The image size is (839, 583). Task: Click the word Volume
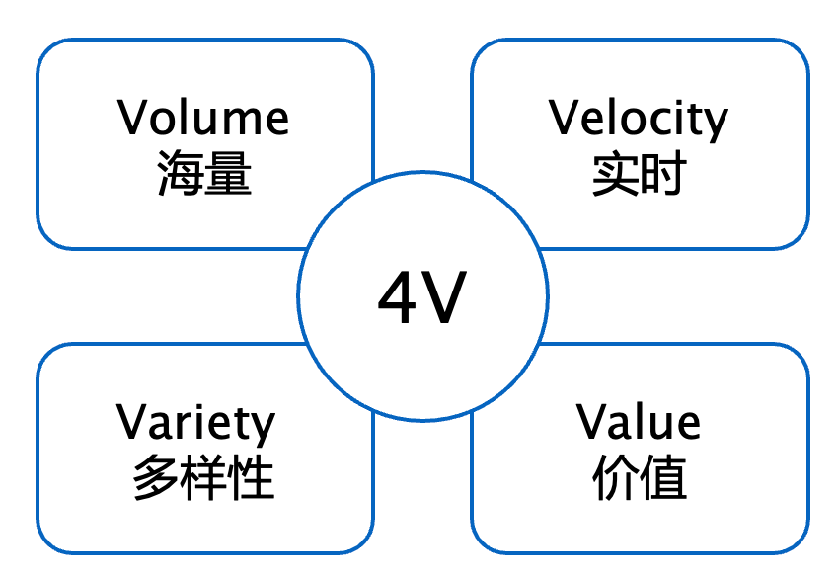(204, 118)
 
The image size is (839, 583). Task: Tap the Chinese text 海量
(204, 175)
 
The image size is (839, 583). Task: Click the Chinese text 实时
(639, 175)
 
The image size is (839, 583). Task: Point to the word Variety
(196, 422)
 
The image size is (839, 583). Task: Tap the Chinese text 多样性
(203, 479)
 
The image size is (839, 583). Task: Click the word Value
(639, 422)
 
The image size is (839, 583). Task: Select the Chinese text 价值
(639, 479)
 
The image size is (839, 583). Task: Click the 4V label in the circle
(421, 299)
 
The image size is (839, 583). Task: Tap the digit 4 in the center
(399, 299)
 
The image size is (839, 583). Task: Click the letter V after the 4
(444, 299)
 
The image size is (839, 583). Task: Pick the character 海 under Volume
(181, 175)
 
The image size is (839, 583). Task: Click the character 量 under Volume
(228, 175)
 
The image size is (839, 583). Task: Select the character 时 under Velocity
(662, 175)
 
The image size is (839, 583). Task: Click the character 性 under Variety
(251, 479)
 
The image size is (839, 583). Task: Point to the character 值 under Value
(662, 479)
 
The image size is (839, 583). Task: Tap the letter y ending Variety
(264, 427)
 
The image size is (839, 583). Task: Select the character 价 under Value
(615, 479)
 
